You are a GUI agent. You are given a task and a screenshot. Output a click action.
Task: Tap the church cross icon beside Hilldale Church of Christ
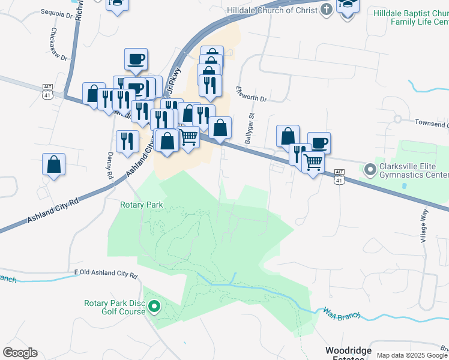tap(326, 10)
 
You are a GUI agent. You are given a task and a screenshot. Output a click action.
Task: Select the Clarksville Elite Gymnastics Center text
tap(414, 171)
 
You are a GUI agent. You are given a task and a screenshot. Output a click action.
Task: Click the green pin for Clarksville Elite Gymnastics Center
tap(370, 170)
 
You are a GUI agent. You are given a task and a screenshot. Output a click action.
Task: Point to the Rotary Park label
tap(142, 205)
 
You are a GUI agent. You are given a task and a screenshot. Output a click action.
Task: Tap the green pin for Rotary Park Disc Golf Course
tap(154, 307)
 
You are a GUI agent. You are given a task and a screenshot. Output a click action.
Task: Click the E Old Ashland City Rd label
tap(106, 274)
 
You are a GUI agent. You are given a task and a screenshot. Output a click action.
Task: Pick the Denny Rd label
tap(110, 166)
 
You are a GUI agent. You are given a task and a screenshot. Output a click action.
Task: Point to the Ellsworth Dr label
tap(250, 95)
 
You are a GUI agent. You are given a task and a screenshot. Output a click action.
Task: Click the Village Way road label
tap(424, 226)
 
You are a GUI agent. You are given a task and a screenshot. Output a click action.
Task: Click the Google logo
tap(20, 352)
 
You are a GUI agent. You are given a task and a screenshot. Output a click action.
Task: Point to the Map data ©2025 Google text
tap(412, 355)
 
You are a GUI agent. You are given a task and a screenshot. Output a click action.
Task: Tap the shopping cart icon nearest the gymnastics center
tap(313, 161)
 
